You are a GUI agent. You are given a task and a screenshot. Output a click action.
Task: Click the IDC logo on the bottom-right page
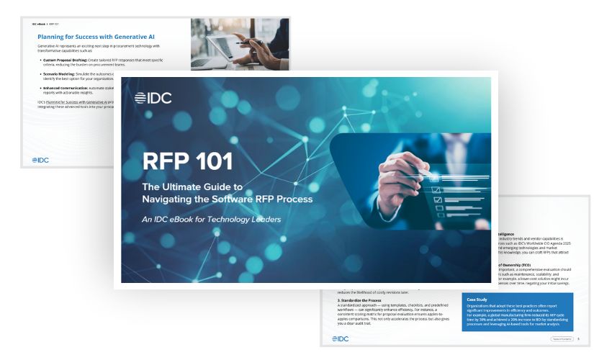pyautogui.click(x=342, y=338)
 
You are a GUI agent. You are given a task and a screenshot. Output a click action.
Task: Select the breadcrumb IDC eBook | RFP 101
pyautogui.click(x=46, y=24)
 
